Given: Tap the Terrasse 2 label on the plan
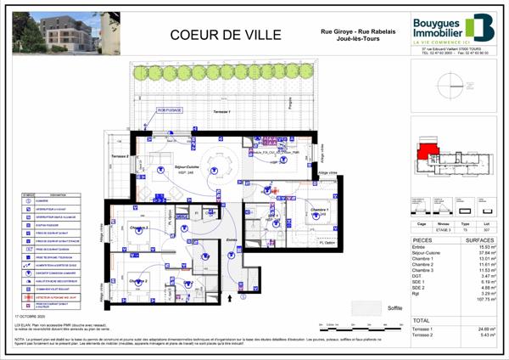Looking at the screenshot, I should [x=119, y=156].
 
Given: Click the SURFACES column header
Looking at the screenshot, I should [x=478, y=239].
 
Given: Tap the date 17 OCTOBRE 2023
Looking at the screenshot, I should [x=30, y=314].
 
